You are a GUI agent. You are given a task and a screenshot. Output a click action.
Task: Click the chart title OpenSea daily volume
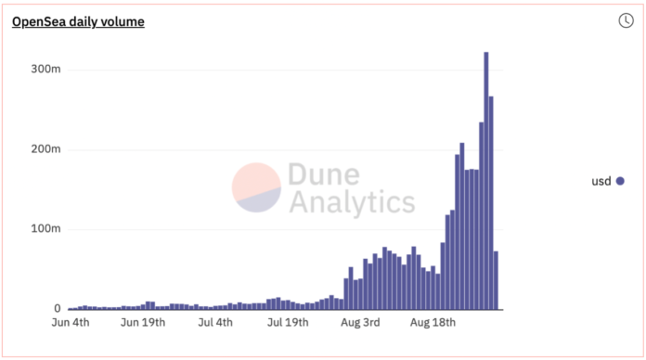click(x=78, y=21)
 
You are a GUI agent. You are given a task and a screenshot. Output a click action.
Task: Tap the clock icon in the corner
click(x=626, y=20)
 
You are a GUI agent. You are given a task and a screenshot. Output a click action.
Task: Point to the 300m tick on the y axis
click(x=45, y=70)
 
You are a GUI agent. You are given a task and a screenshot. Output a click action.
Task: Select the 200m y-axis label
click(x=45, y=149)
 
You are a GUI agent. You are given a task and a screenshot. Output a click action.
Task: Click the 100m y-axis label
click(x=45, y=229)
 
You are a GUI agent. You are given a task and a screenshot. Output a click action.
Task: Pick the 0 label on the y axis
click(x=58, y=309)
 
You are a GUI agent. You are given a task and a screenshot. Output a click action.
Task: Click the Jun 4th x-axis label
click(x=70, y=324)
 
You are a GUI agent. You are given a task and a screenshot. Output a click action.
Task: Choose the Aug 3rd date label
click(x=359, y=324)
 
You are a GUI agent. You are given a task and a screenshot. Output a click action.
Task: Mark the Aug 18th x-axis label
click(x=433, y=324)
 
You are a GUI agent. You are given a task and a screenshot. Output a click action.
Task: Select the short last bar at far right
click(x=497, y=280)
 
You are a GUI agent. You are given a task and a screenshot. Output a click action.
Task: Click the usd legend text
click(x=601, y=181)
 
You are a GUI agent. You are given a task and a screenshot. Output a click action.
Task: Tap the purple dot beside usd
click(x=620, y=181)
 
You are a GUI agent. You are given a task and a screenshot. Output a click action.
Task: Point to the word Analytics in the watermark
click(x=352, y=201)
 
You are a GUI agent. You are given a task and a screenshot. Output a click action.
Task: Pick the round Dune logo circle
click(x=256, y=187)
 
